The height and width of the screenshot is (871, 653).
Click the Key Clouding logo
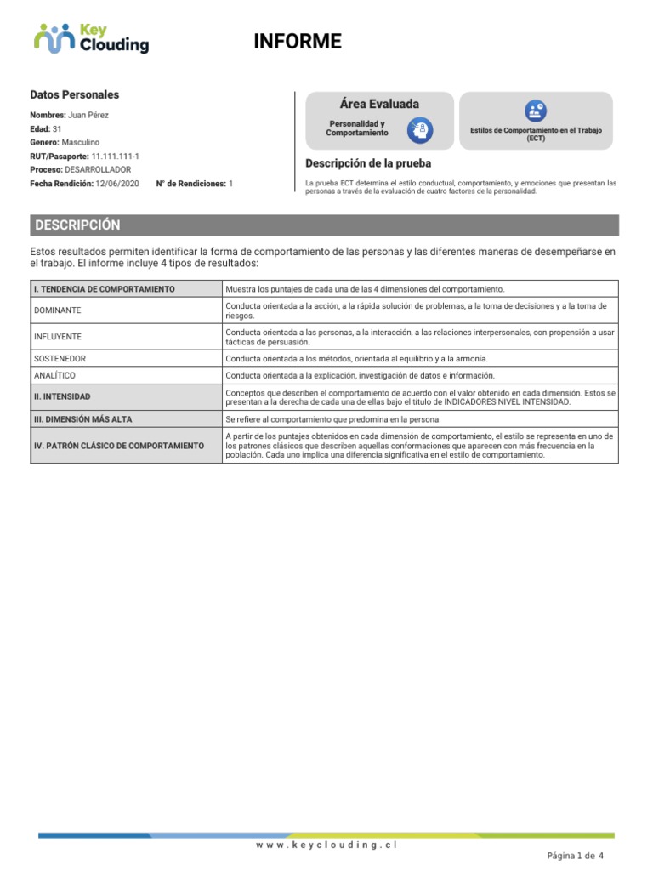(91, 38)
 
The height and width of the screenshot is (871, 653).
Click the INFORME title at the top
(298, 42)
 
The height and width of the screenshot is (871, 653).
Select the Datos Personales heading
(75, 95)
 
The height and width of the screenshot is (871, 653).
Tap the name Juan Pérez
(88, 115)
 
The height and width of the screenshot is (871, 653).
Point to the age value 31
(57, 128)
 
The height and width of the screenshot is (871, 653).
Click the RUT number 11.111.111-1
(116, 157)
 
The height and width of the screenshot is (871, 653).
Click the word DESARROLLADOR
(98, 170)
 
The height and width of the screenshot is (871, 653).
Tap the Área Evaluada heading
(379, 104)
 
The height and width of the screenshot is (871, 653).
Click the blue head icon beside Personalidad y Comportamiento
(420, 130)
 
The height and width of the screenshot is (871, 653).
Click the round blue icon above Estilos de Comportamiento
(536, 110)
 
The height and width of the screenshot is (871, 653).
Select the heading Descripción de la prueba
(368, 163)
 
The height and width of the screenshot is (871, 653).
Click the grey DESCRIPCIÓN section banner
(324, 225)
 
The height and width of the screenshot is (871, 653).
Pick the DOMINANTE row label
(58, 310)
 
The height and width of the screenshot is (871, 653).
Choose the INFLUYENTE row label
(58, 337)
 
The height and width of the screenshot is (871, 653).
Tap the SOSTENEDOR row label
(60, 359)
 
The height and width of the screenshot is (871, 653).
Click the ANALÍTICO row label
(55, 375)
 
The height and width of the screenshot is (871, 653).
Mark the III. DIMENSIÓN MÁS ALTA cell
(82, 419)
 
